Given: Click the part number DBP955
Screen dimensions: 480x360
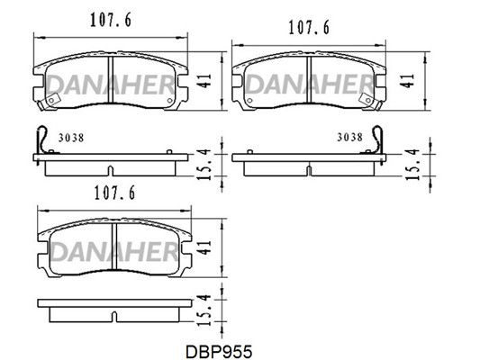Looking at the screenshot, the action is coord(219,351).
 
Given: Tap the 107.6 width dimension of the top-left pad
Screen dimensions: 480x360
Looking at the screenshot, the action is coord(111,20).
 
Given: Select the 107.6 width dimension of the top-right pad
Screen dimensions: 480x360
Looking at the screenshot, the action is coord(309,28).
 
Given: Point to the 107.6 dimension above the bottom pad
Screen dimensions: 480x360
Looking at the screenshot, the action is coord(114,193).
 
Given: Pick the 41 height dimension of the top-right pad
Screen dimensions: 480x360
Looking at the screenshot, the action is coord(407,81).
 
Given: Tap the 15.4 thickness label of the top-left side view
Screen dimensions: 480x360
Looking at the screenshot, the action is coord(204,164).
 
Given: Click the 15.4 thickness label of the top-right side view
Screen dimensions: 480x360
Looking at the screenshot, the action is coord(412,164).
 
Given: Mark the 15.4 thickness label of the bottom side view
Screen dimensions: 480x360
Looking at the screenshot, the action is coord(204,310).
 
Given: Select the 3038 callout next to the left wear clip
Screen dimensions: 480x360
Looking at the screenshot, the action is coord(71,138).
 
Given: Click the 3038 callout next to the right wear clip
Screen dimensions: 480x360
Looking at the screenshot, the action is coord(350,137).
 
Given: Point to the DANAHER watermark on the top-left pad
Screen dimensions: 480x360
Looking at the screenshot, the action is coord(110,85).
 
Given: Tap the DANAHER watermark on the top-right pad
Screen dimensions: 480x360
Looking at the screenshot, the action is coord(309,85).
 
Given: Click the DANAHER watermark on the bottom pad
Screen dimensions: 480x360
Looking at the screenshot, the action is coord(114,252).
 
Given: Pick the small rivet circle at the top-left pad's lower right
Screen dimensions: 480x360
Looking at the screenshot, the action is coord(170,100).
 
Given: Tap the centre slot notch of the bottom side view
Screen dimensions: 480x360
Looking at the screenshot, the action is coord(113,317).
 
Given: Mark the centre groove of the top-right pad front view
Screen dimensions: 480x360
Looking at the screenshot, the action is coord(309,79).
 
